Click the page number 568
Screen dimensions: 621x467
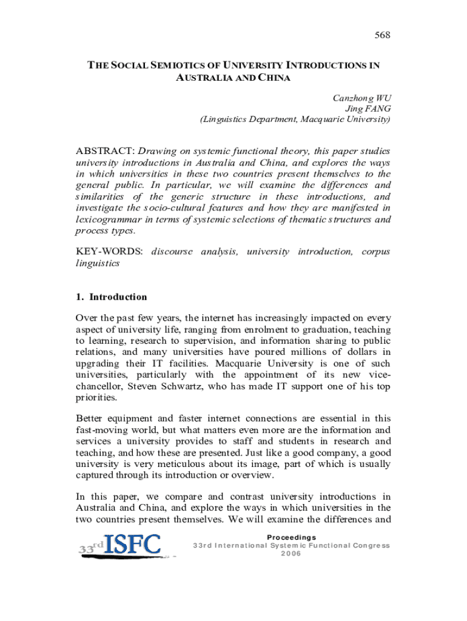coord(381,35)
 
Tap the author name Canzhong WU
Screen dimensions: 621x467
coord(361,98)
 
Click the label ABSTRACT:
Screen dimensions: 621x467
coord(105,150)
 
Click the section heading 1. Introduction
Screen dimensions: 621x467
coord(111,297)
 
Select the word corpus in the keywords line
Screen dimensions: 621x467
coord(375,251)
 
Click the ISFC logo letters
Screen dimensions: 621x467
coord(133,545)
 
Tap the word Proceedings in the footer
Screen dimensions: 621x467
coord(291,537)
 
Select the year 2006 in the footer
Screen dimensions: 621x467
coord(291,553)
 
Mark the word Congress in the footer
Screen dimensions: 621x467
coord(365,545)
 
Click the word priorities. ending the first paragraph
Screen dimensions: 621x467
coord(96,398)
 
